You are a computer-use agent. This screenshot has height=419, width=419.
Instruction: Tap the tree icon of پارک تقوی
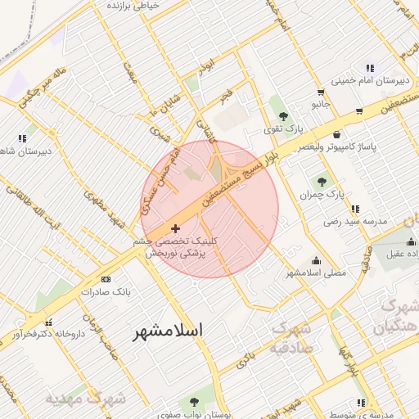click(x=283, y=116)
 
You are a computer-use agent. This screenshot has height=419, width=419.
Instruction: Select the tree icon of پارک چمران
click(x=320, y=182)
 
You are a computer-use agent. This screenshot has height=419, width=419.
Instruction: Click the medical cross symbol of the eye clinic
click(x=175, y=228)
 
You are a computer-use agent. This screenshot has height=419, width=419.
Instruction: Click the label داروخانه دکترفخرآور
click(x=48, y=334)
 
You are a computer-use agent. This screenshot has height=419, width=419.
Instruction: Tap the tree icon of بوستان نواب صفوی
click(x=194, y=401)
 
